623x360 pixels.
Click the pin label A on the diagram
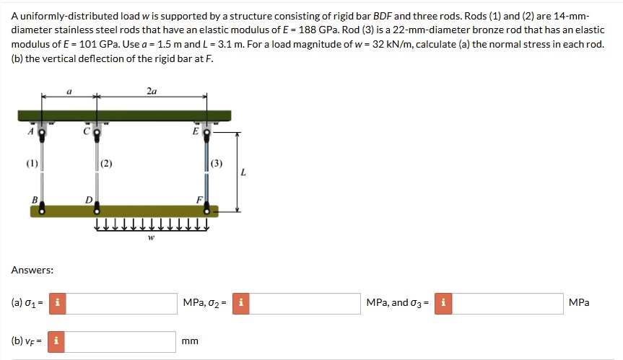tap(31, 131)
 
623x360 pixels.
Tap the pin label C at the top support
tap(86, 131)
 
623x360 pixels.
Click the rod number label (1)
tap(32, 163)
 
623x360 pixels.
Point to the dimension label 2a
tap(152, 92)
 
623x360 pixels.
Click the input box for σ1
tap(122, 303)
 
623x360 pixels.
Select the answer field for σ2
tap(305, 303)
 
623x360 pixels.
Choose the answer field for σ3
tap(509, 303)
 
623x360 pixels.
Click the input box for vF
tap(122, 341)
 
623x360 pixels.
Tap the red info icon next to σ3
tap(443, 303)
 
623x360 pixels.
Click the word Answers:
tap(32, 270)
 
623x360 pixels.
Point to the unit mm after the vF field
tap(190, 341)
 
